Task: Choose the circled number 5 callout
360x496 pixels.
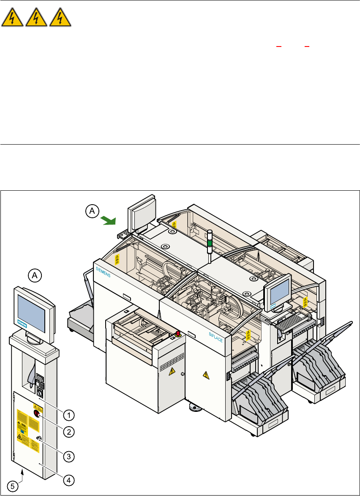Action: click(x=14, y=486)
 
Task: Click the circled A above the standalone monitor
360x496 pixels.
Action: click(x=35, y=275)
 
